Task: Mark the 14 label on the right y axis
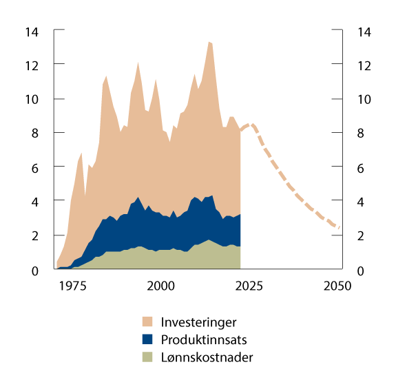(363, 32)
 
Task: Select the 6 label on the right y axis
(360, 167)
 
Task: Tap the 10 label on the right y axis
(363, 99)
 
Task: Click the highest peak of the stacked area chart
(209, 43)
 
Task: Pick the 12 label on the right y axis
(363, 65)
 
